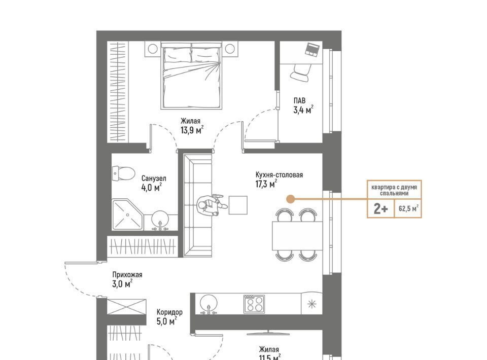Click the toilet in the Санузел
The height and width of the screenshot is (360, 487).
(123, 173)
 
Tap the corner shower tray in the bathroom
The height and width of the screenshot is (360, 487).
(128, 215)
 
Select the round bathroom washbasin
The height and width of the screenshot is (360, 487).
(160, 220)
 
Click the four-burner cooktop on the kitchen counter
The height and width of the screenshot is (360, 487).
(254, 304)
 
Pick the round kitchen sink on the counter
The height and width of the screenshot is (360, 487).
(208, 304)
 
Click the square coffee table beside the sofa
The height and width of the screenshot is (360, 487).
(238, 205)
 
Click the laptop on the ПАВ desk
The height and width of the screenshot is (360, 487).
(312, 50)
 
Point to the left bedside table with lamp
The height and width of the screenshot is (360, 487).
(153, 49)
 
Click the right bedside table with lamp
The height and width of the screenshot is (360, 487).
(230, 49)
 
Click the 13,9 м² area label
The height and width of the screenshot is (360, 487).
(192, 130)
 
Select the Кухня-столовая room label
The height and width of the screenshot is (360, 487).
(279, 175)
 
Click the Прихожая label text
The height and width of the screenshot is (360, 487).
(127, 275)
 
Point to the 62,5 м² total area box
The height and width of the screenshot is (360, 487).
(408, 208)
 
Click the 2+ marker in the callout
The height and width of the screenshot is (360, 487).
(381, 209)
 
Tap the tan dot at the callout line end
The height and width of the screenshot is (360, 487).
(290, 199)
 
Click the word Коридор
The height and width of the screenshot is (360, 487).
(169, 312)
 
